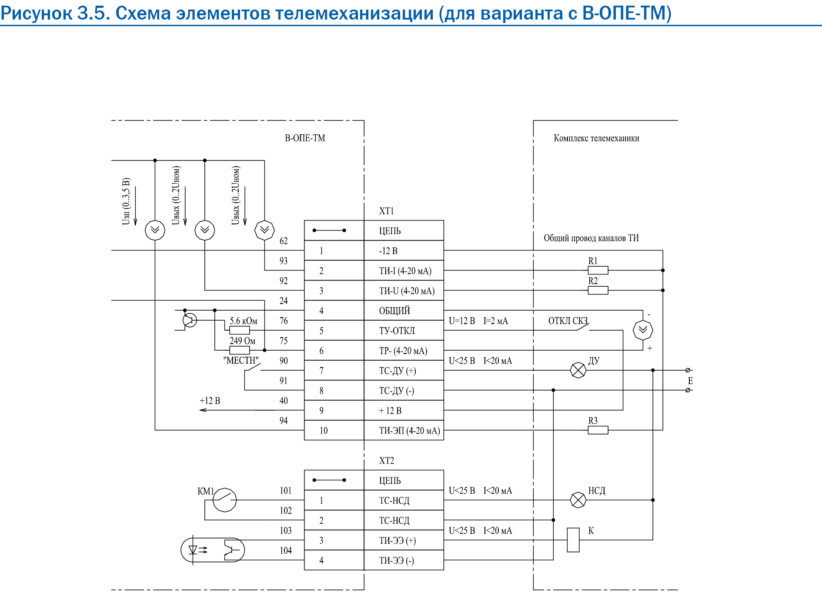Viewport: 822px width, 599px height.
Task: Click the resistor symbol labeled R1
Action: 598,270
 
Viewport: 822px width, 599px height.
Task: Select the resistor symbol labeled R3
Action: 598,430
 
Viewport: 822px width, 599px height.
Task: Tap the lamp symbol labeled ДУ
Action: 578,370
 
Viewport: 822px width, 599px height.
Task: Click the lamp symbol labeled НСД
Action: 578,500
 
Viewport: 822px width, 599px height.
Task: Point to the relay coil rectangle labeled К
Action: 573,540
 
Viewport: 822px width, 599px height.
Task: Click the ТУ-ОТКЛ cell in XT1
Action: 404,331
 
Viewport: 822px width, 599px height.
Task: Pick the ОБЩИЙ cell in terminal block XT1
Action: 404,311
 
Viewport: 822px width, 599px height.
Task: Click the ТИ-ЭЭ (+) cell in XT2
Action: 404,540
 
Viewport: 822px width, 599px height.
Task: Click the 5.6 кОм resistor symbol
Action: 240,330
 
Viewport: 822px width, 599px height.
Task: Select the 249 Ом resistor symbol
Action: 240,350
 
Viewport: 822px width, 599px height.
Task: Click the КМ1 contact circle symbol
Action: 224,500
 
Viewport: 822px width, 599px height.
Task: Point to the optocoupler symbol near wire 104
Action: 213,550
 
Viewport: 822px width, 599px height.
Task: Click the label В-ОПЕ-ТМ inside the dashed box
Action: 305,138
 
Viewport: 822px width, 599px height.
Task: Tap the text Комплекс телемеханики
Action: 596,138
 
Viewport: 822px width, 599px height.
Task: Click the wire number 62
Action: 284,241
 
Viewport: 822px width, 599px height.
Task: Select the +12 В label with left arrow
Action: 210,401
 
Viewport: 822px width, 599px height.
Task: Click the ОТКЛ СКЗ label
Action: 568,321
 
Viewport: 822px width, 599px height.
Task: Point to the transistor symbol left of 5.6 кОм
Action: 189,321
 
